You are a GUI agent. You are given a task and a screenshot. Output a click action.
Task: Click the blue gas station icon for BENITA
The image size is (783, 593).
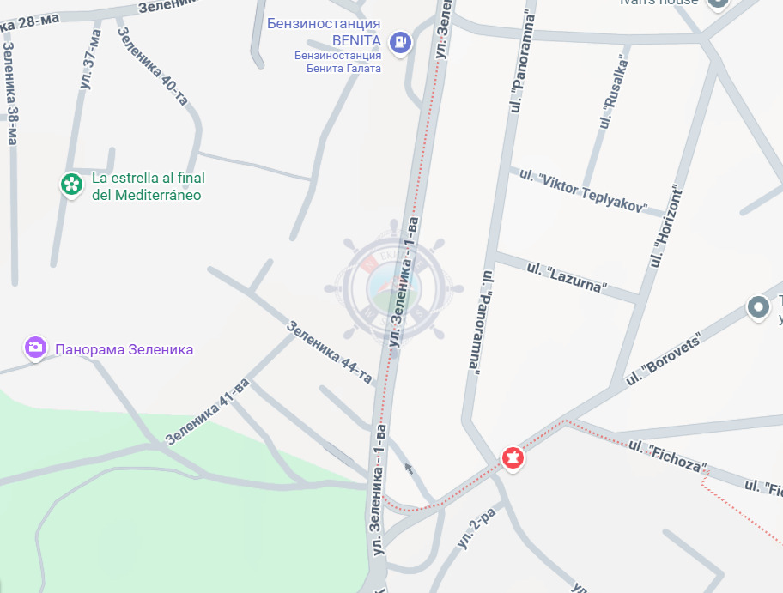(x=400, y=41)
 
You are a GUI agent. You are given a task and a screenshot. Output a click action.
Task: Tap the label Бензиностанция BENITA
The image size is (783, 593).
(x=323, y=31)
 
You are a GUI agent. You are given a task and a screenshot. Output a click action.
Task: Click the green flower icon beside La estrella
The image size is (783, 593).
(x=70, y=185)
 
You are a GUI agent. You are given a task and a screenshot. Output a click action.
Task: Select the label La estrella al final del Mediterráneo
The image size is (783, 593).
(x=147, y=186)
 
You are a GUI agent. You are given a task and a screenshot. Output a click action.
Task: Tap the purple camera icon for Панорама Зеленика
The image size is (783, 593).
(x=35, y=348)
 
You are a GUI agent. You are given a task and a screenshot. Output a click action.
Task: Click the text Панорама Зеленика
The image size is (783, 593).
(x=124, y=349)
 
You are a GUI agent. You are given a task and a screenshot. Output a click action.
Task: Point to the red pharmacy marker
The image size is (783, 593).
(x=513, y=458)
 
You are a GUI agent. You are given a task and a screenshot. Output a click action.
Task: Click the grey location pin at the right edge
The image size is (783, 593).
(x=757, y=307)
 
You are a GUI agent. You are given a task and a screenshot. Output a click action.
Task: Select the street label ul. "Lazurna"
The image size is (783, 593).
(x=566, y=277)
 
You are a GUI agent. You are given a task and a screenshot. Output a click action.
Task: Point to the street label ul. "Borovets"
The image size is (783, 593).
(x=664, y=358)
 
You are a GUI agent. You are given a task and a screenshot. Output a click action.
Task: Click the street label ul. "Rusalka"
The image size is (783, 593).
(x=615, y=94)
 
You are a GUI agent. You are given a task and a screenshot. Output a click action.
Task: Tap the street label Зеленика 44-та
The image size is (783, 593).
(x=330, y=352)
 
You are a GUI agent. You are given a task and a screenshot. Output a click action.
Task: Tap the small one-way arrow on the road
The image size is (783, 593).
(x=409, y=469)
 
